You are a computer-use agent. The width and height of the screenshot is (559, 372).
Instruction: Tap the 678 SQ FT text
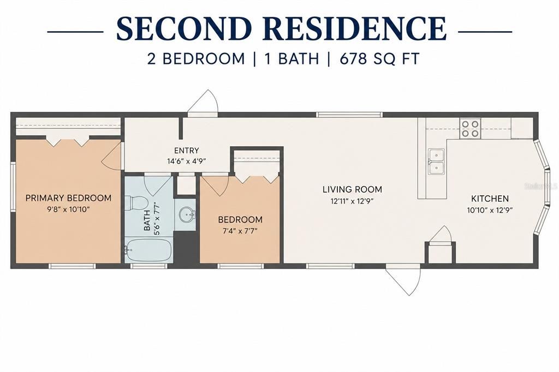coord(379,59)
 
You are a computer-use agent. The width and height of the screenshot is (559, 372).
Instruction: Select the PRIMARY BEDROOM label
coord(68,198)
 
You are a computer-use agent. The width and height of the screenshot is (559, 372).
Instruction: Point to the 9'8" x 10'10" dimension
coord(68,209)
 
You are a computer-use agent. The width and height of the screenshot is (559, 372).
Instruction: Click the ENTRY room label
coord(187,151)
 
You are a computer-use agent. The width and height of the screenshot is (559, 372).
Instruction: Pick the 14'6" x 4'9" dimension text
coord(187,161)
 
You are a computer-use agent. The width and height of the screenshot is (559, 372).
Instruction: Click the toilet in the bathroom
coord(138,202)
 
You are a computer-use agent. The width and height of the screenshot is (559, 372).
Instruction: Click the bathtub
coord(148,250)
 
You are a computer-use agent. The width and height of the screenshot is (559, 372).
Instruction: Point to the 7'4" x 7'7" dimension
coord(240,231)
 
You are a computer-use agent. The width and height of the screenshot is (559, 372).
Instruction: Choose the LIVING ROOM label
coord(352,189)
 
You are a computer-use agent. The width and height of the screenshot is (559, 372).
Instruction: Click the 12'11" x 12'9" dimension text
coord(352,201)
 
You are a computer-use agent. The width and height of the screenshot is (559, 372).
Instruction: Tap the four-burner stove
coord(470,129)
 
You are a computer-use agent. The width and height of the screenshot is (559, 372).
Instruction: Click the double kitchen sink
coord(436,162)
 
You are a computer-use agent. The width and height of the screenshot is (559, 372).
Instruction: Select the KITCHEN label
coord(490,199)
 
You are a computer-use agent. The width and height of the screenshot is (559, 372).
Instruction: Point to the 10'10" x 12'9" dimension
coord(490,210)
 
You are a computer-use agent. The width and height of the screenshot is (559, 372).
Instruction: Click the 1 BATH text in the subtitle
coord(292,59)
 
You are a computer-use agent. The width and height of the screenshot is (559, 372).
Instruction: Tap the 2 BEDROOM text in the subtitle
coord(196,59)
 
